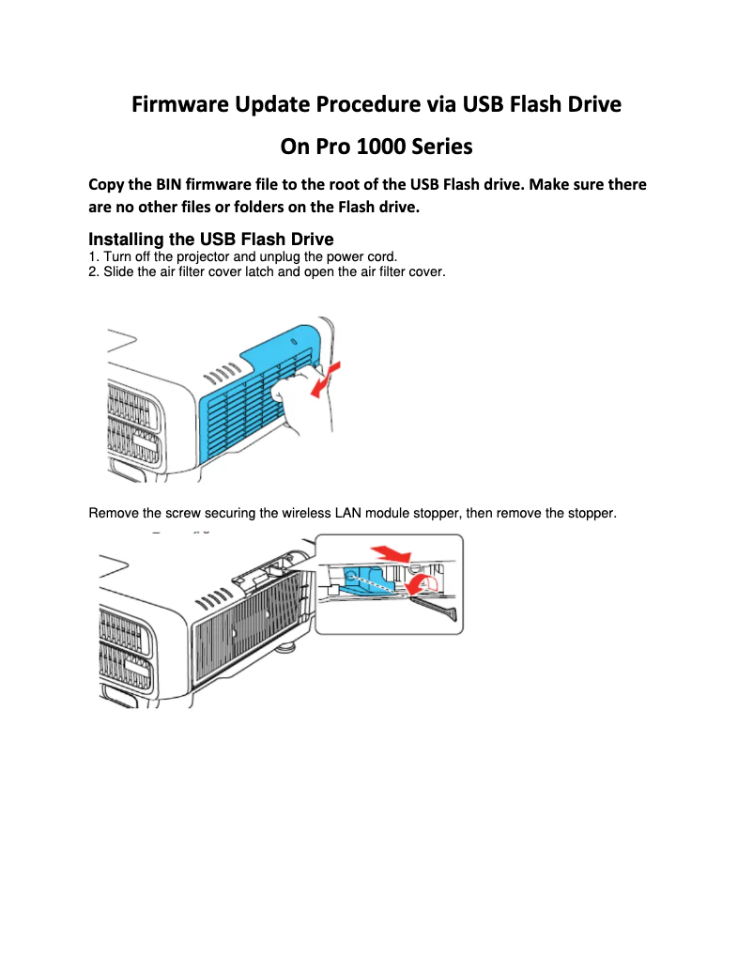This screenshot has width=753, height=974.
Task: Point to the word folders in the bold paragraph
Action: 254,208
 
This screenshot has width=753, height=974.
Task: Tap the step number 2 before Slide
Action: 92,272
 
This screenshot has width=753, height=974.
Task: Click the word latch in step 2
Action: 256,272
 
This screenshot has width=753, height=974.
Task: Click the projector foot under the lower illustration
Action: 285,647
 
